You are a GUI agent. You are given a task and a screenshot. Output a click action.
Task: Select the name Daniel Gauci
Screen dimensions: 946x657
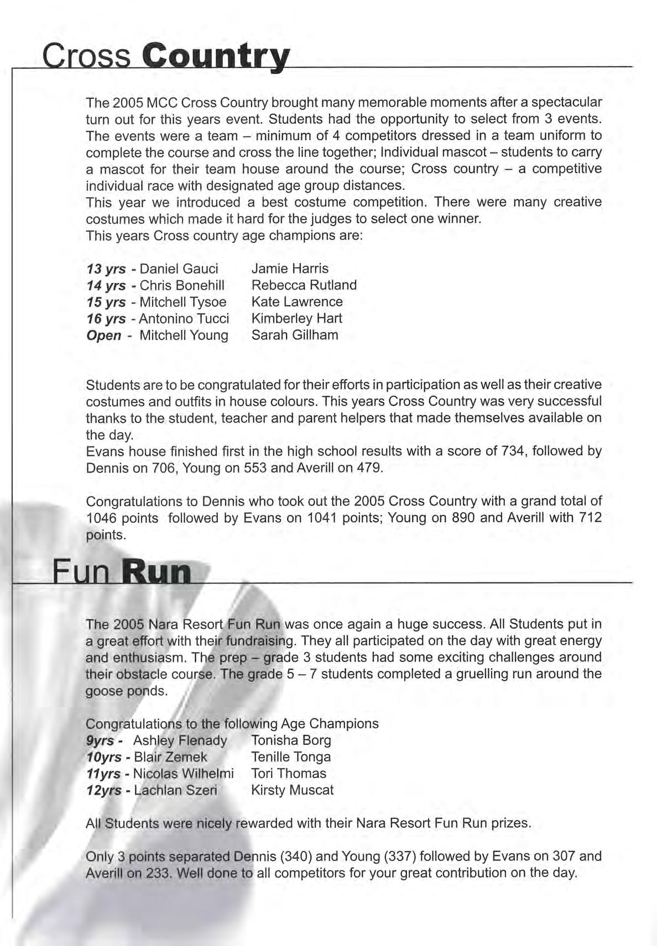click(x=179, y=269)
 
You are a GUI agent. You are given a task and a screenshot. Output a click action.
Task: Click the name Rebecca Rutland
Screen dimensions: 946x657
click(x=304, y=285)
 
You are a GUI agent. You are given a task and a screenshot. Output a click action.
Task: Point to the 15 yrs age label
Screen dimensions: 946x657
click(x=106, y=302)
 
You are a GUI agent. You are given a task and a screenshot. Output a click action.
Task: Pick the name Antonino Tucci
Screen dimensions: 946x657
click(x=184, y=319)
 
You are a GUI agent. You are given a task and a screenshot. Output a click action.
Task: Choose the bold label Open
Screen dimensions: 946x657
click(x=104, y=335)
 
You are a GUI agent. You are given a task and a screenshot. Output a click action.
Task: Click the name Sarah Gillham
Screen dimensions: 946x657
click(x=294, y=335)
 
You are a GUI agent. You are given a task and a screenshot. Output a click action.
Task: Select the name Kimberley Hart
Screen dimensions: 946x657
click(x=296, y=318)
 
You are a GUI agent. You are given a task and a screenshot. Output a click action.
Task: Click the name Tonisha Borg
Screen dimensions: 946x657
click(x=291, y=740)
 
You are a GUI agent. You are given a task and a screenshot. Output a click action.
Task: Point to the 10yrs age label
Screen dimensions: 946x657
click(x=105, y=757)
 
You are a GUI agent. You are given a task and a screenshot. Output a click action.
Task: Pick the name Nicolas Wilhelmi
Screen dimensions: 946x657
click(x=184, y=774)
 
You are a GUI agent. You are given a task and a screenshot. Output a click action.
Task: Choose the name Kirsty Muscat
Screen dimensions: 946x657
click(x=292, y=790)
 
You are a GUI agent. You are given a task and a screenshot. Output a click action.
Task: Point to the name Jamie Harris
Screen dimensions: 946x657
click(x=290, y=269)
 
